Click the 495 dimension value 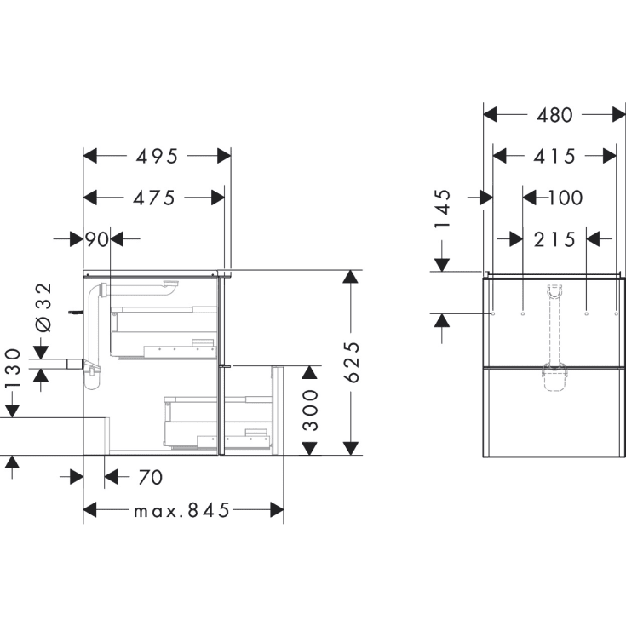tap(157, 156)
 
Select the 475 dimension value tap(154, 198)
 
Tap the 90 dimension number tap(97, 239)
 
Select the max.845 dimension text tap(182, 511)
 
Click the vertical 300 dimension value tap(311, 410)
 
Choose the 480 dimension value tap(554, 114)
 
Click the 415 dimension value tap(554, 156)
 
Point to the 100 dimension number tap(565, 198)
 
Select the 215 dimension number tap(554, 239)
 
